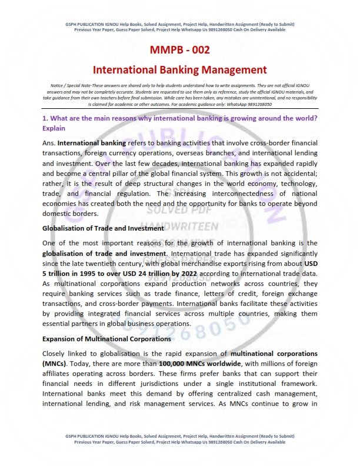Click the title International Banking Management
[180, 69]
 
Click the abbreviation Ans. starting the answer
[49, 143]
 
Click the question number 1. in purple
[45, 118]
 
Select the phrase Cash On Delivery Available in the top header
[261, 29]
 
